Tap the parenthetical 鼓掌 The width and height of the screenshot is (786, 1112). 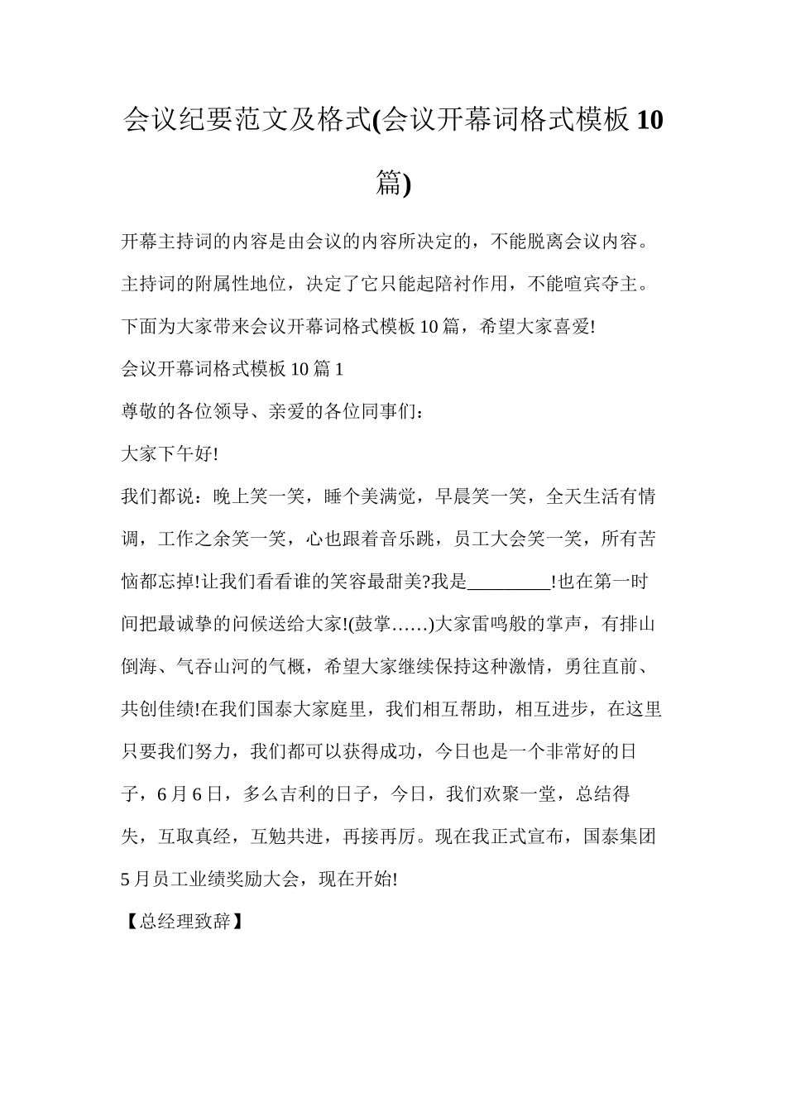tap(372, 624)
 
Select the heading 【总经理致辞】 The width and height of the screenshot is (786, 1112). tap(182, 921)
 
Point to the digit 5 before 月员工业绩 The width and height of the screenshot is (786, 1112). tap(126, 879)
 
